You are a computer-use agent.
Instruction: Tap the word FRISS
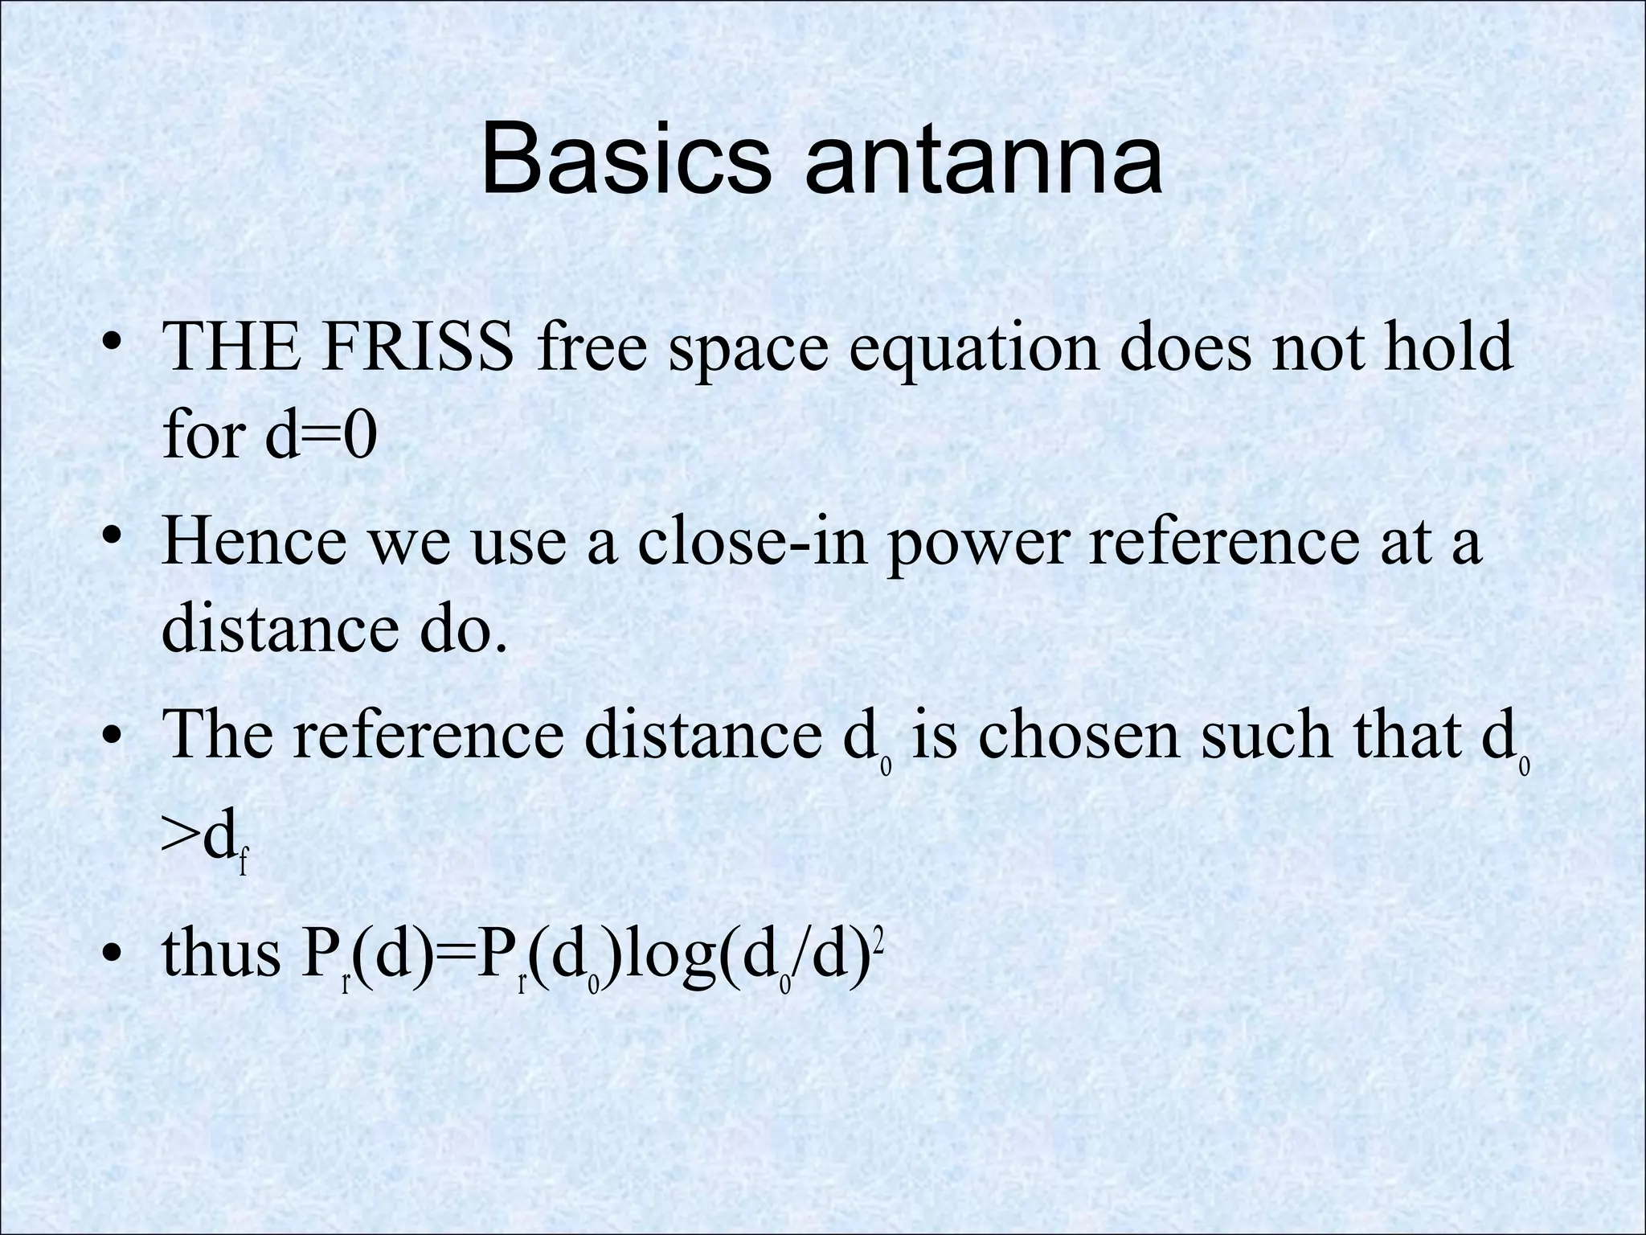point(417,346)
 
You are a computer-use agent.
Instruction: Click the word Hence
point(256,540)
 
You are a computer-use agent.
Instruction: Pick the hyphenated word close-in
point(753,540)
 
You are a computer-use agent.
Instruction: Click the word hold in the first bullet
point(1447,346)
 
